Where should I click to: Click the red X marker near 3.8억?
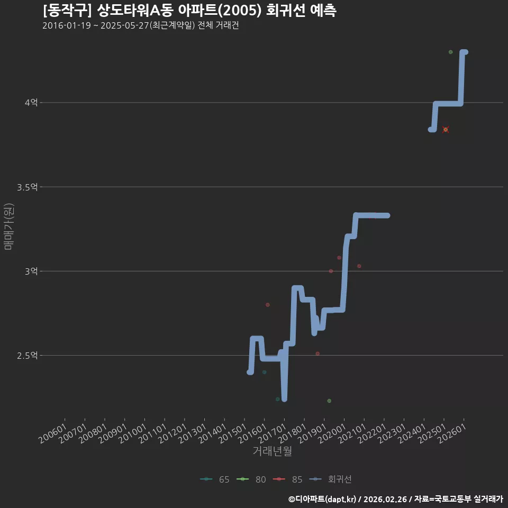tap(446, 130)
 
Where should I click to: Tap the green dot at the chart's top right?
tap(450, 52)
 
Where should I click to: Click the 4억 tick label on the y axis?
tap(31, 103)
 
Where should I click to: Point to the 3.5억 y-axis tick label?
tap(28, 187)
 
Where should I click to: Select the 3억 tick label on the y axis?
tap(31, 271)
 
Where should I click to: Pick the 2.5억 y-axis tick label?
tap(28, 356)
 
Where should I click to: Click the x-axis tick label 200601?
tap(53, 433)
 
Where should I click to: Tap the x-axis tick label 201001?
tap(132, 433)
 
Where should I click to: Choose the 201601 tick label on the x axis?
tap(252, 433)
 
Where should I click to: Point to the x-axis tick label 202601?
tap(452, 433)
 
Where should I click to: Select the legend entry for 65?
tap(215, 479)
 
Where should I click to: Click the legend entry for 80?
tap(251, 479)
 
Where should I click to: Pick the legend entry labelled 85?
tap(288, 479)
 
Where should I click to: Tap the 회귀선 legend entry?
tap(330, 479)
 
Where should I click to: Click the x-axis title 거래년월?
tap(272, 451)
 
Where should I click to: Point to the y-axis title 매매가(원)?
tap(8, 226)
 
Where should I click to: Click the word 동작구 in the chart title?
tap(67, 11)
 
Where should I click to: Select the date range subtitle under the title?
tap(141, 25)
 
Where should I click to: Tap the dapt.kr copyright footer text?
tap(396, 499)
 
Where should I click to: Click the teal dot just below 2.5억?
tap(265, 372)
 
